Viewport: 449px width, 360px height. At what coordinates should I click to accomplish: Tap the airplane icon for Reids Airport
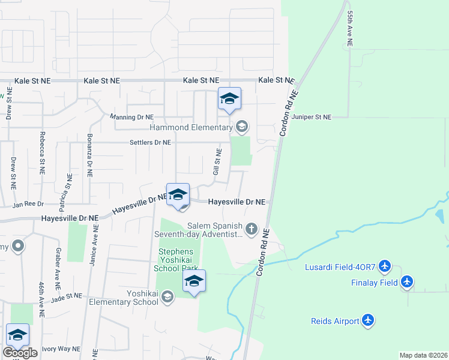(x=368, y=321)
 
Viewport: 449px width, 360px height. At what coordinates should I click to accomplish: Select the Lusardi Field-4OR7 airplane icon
(x=385, y=266)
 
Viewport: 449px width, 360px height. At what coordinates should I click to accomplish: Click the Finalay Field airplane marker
(x=408, y=281)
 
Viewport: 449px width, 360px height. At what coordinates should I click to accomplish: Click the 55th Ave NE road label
(x=349, y=28)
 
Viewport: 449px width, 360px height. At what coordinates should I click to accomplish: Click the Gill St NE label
(x=217, y=162)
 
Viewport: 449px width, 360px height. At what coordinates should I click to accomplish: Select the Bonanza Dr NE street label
(x=89, y=160)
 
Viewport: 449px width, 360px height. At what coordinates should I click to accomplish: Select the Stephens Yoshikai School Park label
(x=178, y=260)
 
